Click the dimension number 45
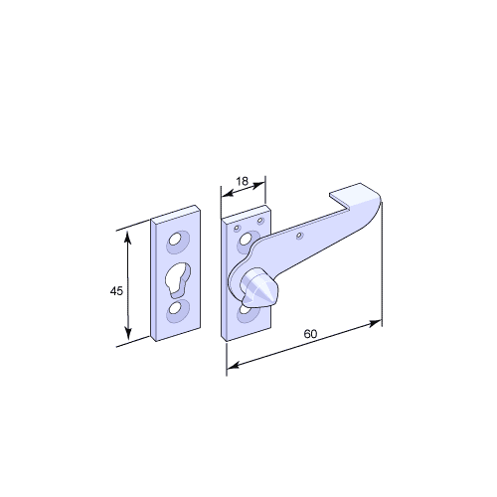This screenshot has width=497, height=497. click(116, 291)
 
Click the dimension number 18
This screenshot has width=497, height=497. click(242, 181)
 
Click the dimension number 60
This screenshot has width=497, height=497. click(310, 334)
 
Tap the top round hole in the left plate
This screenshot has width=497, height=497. click(176, 239)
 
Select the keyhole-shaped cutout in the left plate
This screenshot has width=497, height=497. click(177, 279)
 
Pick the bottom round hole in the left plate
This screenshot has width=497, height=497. click(174, 308)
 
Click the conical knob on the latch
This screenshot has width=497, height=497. click(259, 287)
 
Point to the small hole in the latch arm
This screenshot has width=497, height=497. click(299, 236)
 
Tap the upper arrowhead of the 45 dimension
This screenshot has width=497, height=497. click(128, 238)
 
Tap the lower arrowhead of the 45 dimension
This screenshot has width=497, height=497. click(128, 332)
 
